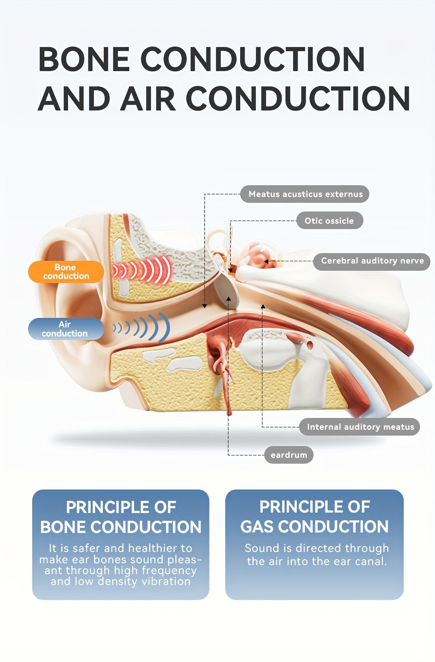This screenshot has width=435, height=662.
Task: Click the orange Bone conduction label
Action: (66, 272)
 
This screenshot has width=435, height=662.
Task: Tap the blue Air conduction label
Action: (65, 329)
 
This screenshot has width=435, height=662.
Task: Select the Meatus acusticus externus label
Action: (305, 194)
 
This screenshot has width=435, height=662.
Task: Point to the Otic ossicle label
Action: (329, 221)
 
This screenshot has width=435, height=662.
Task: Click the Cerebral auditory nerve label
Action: (372, 261)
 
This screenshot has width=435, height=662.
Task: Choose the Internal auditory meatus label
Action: (360, 427)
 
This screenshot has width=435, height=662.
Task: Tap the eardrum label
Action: (289, 455)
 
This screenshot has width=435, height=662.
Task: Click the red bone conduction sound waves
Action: (143, 270)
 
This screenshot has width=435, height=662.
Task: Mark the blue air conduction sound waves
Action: (143, 327)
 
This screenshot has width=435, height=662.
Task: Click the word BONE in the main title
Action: (83, 59)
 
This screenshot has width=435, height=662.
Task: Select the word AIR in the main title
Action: (148, 99)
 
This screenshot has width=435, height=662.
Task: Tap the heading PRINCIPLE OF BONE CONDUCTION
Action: (121, 517)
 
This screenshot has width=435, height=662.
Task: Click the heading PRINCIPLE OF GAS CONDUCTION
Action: (314, 517)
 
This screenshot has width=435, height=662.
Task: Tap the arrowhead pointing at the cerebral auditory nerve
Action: (267, 261)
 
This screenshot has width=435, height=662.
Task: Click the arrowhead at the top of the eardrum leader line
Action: (229, 299)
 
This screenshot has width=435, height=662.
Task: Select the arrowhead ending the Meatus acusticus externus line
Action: (204, 306)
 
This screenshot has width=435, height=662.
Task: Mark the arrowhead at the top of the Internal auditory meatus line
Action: (263, 307)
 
